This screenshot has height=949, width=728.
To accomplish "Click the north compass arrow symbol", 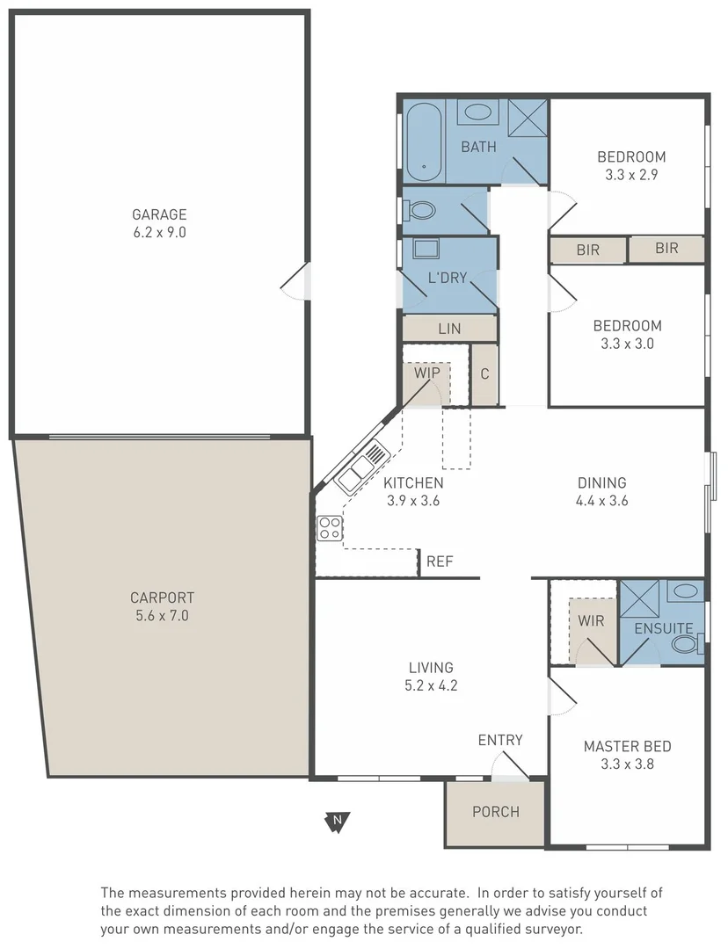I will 337,822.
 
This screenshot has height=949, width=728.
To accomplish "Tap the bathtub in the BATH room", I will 424,141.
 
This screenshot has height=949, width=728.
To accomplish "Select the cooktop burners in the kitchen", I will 331,528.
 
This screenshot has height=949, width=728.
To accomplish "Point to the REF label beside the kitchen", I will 440,561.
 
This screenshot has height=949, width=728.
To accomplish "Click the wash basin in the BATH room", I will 478,112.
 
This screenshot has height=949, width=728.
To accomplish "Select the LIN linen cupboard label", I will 449,329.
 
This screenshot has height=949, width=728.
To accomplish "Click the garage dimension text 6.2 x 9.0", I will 159,233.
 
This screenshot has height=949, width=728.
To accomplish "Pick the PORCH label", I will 496,812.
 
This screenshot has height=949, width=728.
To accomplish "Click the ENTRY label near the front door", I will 500,740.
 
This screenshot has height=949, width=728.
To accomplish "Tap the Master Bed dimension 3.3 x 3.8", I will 628,764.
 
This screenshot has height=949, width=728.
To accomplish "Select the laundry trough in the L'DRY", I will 427,250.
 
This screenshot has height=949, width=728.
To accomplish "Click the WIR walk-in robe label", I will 591,620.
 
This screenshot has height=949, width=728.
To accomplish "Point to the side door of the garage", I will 295,280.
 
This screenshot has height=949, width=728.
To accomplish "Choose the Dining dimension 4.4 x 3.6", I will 601,501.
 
